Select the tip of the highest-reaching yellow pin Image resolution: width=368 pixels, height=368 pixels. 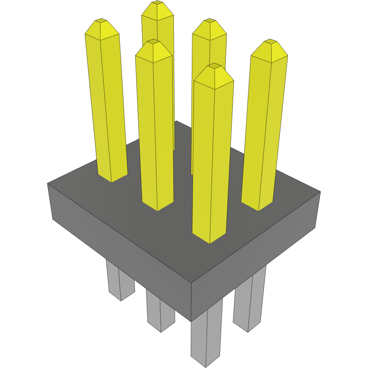157,3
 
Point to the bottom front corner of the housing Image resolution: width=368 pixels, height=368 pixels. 192,321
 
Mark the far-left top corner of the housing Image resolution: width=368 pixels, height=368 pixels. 48,183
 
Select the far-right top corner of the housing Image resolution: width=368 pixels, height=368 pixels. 320,192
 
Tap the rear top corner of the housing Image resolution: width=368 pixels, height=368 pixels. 176,121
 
